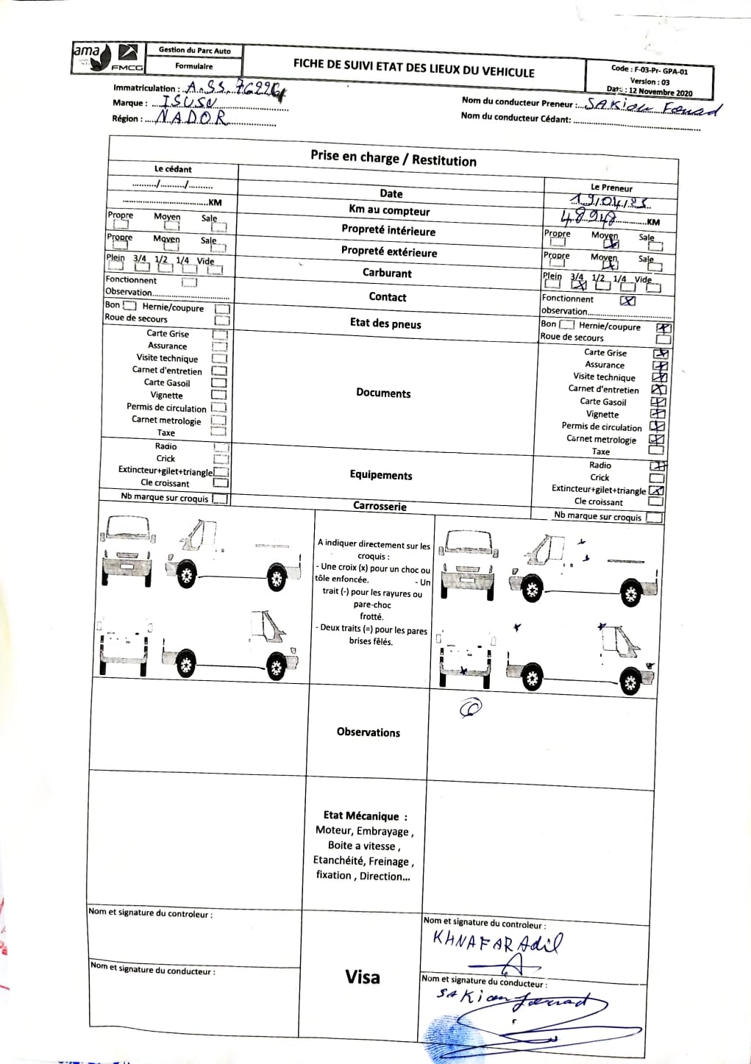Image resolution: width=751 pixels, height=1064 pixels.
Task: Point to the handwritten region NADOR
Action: (191, 118)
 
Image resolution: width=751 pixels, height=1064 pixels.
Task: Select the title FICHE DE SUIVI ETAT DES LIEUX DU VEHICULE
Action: (413, 68)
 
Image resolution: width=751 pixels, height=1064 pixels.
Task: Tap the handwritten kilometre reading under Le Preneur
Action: (589, 218)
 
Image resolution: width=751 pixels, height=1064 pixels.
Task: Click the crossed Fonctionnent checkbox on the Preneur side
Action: (627, 300)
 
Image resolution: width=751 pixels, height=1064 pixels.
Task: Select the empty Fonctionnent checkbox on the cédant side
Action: (190, 281)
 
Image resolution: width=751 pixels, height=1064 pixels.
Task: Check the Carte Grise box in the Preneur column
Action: (660, 354)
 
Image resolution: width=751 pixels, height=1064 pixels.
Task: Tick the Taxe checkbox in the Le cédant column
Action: (219, 432)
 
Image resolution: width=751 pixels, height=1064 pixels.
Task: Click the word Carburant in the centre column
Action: (387, 273)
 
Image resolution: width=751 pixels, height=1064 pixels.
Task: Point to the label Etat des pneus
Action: (385, 323)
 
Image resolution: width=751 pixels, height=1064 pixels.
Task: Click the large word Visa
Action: (363, 976)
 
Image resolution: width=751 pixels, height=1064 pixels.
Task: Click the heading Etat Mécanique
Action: (365, 815)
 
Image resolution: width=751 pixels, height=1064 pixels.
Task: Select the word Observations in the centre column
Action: (368, 732)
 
